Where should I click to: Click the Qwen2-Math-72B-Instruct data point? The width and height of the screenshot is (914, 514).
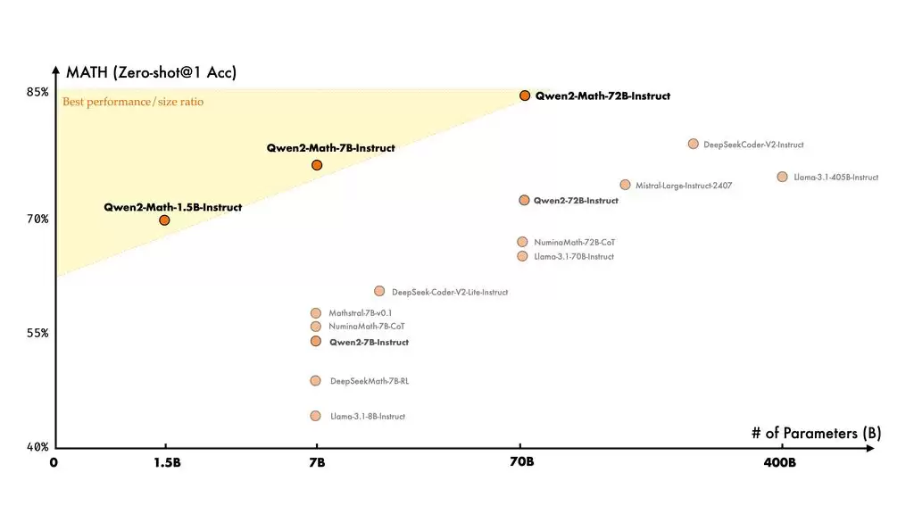tap(525, 95)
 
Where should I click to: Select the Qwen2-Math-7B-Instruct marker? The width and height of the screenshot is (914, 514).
tap(317, 165)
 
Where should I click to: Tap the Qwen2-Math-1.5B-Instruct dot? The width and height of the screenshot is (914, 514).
tap(164, 220)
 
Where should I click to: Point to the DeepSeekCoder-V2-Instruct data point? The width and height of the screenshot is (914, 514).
tap(693, 144)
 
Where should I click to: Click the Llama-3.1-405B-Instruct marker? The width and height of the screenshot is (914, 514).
tap(782, 177)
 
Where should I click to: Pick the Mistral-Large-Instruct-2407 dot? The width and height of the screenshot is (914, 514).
tap(625, 185)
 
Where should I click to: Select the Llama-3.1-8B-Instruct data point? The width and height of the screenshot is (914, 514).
tap(315, 416)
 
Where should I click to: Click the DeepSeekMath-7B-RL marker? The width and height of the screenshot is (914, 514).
tap(315, 381)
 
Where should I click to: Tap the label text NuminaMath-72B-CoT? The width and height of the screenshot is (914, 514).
tap(574, 243)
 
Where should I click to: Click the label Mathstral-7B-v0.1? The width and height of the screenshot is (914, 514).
tap(360, 313)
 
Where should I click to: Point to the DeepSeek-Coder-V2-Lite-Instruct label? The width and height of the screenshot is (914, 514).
tap(449, 292)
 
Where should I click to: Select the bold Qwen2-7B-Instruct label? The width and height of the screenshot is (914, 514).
tap(369, 343)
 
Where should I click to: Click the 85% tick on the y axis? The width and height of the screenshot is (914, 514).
tap(37, 93)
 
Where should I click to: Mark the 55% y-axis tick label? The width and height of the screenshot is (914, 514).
tap(37, 333)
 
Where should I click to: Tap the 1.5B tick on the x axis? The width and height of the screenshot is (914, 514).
tap(164, 462)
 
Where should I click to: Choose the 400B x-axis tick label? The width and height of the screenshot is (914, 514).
tap(779, 462)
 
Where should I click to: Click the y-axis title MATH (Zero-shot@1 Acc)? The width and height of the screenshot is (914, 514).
tap(151, 73)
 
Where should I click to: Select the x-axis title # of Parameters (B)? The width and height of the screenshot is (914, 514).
tap(816, 434)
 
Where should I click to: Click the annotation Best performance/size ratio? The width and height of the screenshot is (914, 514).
tap(133, 102)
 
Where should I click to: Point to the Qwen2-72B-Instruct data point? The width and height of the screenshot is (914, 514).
tap(524, 201)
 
